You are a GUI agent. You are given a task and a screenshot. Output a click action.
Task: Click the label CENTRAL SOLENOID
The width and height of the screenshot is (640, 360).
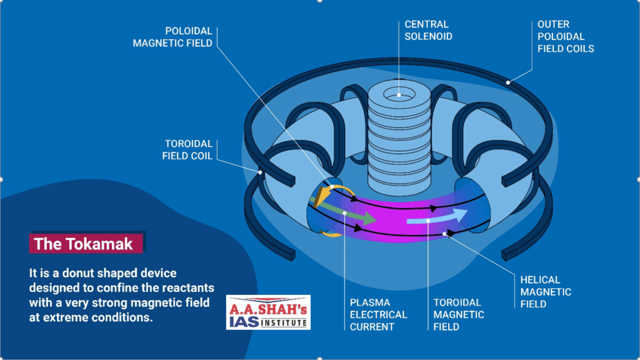click(428, 30)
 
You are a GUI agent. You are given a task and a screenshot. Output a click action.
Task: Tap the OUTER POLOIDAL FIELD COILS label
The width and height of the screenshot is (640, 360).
click(566, 36)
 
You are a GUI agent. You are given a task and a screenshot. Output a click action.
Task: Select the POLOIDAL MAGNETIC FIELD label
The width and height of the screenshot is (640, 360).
click(172, 36)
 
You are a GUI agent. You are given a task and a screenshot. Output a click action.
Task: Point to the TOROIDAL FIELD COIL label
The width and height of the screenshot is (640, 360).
click(187, 149)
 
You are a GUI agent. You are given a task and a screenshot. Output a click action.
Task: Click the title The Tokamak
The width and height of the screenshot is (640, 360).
click(84, 244)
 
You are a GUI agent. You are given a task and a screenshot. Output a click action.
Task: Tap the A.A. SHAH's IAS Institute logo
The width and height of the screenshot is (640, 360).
click(268, 312)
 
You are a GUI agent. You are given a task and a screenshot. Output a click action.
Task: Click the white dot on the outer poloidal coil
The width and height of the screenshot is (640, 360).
click(509, 82)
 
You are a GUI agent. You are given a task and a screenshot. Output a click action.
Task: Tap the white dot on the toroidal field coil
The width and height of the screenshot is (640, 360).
click(260, 171)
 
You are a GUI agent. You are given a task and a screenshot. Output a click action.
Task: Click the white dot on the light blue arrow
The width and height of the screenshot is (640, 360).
click(428, 220)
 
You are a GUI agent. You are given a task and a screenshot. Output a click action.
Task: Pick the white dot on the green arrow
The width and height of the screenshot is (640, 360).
click(344, 212)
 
